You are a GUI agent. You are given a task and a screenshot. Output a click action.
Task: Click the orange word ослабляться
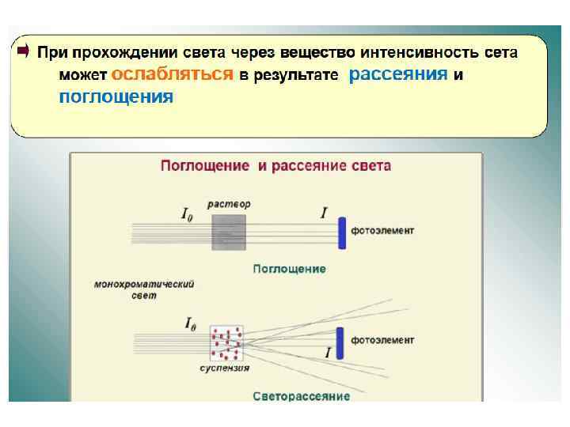173,74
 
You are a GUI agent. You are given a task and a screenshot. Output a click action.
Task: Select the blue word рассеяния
398,74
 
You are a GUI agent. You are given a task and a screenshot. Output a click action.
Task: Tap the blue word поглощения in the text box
116,97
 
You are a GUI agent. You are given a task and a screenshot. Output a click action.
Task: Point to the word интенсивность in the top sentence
418,53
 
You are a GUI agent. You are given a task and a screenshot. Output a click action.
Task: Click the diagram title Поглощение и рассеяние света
275,166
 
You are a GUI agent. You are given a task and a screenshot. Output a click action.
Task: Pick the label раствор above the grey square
229,204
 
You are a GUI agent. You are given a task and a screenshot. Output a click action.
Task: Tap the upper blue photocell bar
342,232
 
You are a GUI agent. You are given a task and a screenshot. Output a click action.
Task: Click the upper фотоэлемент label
382,230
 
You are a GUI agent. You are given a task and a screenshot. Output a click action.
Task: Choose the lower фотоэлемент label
382,340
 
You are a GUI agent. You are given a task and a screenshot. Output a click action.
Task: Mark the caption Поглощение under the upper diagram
289,269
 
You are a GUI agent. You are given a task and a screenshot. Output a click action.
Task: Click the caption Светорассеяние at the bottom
302,395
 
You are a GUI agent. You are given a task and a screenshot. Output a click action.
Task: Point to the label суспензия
224,368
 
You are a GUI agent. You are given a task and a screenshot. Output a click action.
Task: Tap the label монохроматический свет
144,289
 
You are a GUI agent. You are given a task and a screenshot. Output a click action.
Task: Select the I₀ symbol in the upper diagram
188,213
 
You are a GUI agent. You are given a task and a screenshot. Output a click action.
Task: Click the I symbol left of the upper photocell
324,212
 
